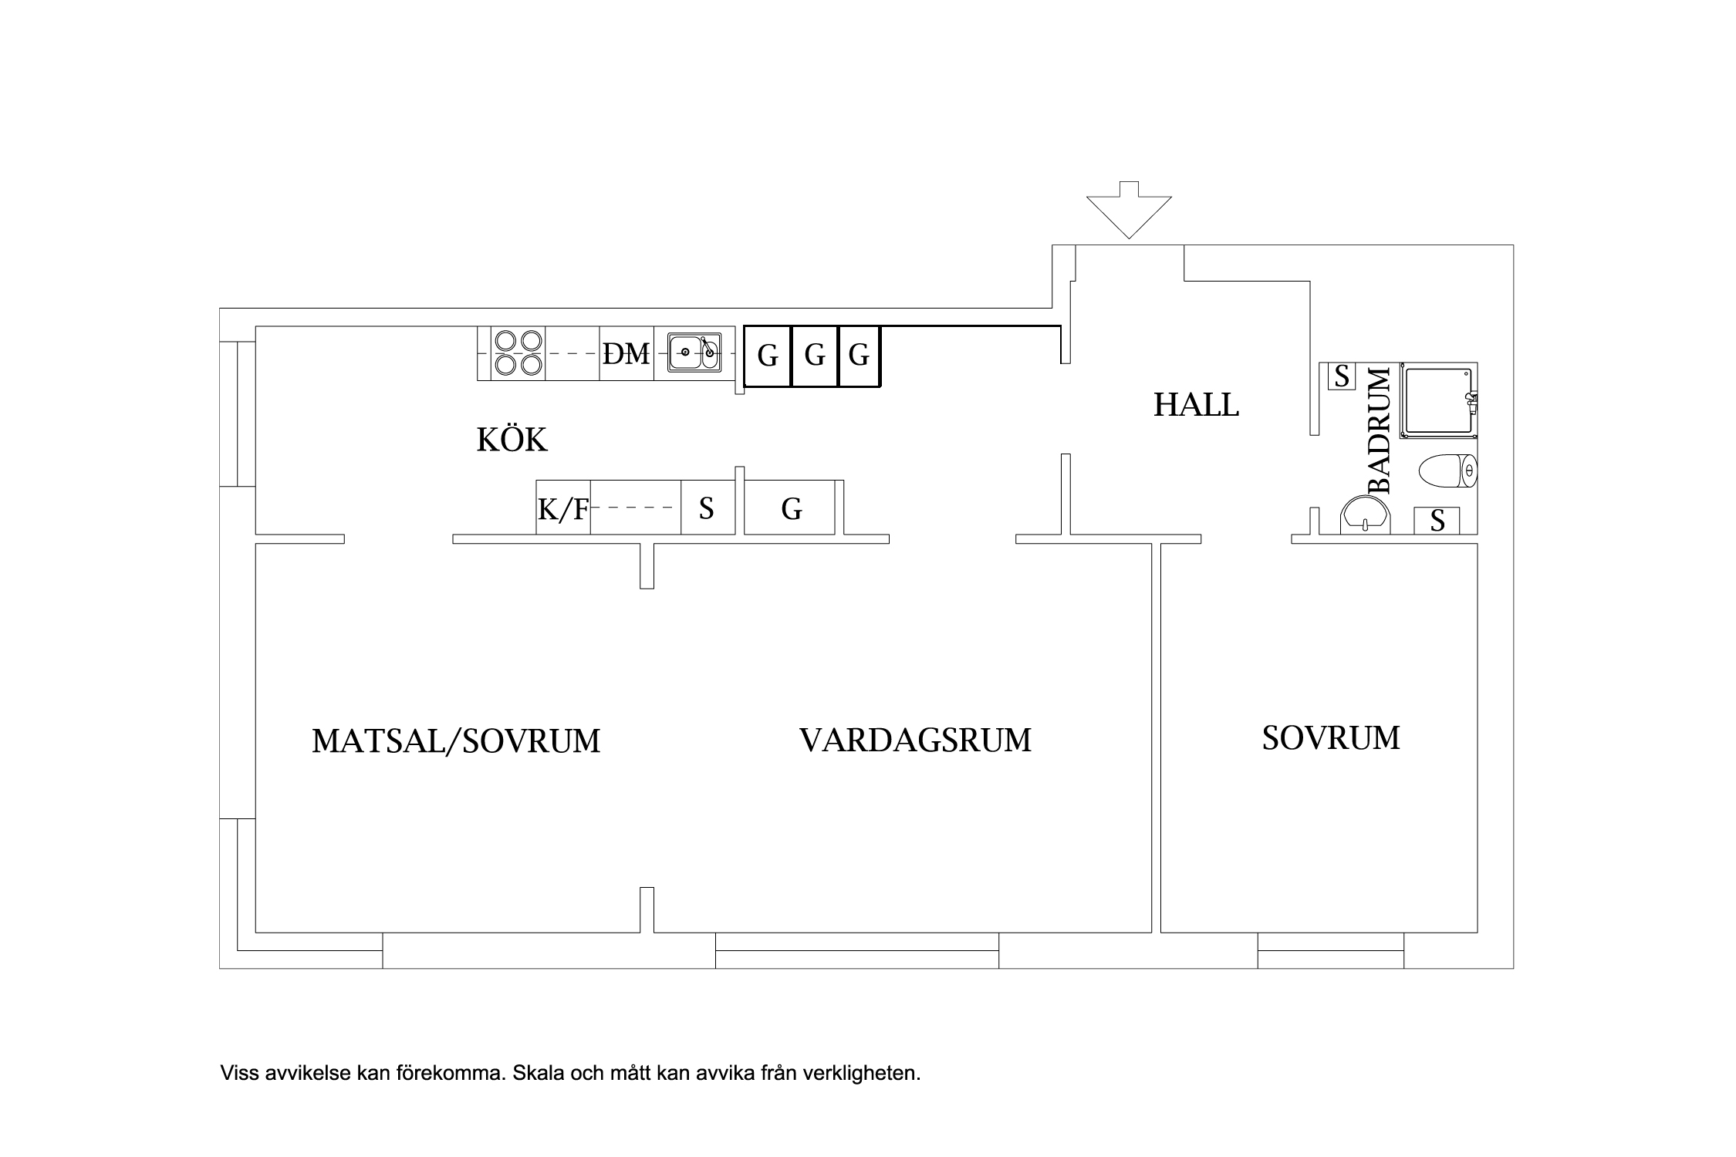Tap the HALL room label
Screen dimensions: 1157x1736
1196,405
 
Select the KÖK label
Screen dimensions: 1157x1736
512,440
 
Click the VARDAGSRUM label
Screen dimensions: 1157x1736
915,740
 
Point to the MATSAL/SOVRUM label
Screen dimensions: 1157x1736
456,741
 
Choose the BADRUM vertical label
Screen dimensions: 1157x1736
1379,430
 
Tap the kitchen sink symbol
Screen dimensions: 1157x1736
694,353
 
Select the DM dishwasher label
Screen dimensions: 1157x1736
626,354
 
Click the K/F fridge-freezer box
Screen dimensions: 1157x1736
563,508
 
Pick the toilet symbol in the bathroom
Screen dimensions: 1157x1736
1448,471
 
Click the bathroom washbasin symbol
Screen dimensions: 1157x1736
1366,515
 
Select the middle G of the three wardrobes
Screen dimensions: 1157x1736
815,356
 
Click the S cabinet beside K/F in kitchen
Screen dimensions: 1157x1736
707,508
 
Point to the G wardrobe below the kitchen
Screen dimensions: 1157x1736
791,508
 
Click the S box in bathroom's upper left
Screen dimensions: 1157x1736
1342,376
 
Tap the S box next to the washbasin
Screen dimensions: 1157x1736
1437,521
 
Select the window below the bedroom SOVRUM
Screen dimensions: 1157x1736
1330,950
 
